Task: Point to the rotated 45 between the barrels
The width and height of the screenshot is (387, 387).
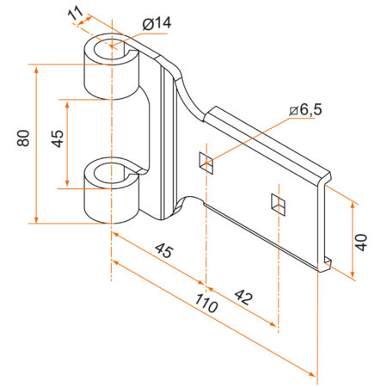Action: click(x=56, y=141)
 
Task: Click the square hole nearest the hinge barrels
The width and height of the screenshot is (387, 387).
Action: click(x=206, y=160)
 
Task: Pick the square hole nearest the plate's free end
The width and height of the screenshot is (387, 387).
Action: click(x=276, y=204)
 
